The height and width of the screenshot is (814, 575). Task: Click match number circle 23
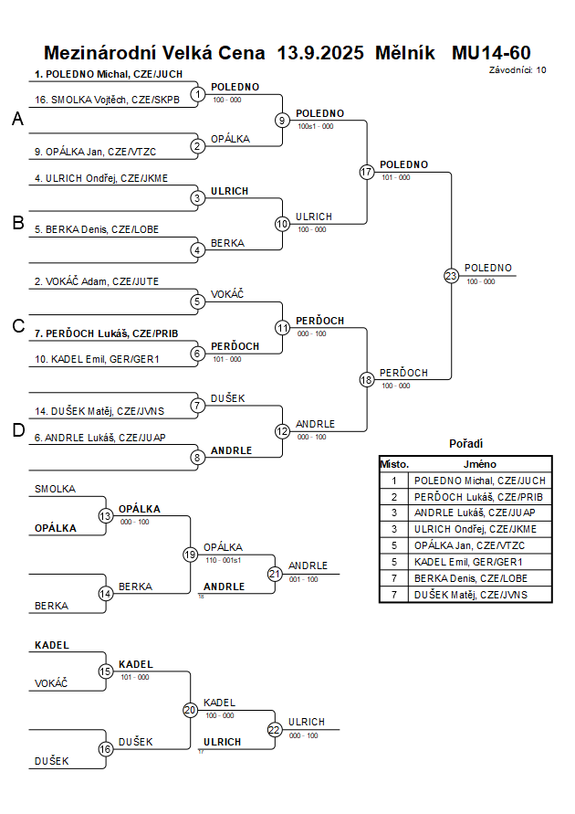point(451,276)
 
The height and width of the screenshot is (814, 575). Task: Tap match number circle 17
point(367,172)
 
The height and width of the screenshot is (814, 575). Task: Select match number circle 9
point(283,120)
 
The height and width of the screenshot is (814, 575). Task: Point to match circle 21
point(275,574)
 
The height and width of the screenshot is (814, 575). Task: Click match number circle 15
point(106,671)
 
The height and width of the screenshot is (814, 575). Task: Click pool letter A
point(17,120)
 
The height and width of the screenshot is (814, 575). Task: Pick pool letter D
point(17,431)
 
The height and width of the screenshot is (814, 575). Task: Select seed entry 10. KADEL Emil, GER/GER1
point(97,360)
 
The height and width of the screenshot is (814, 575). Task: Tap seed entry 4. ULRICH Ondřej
point(101,178)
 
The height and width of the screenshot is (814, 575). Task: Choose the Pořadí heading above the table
point(465,443)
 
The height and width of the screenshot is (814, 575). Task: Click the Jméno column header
point(479,464)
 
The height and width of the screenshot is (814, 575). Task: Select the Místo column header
point(394,464)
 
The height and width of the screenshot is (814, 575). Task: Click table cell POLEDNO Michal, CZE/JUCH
point(479,480)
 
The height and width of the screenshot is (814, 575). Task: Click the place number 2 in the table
point(394,496)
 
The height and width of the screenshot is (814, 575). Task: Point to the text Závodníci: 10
point(517,69)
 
